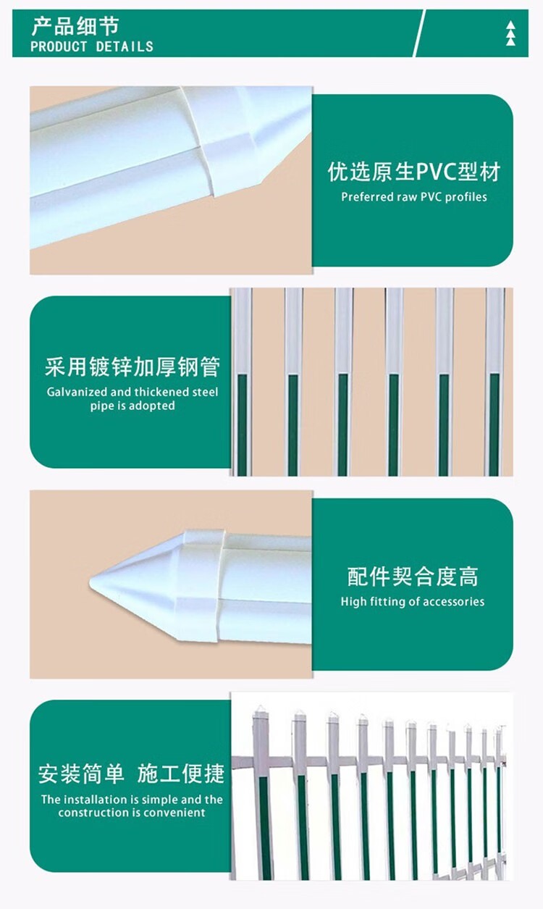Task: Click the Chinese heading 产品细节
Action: click(x=75, y=26)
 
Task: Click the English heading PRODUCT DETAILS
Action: click(x=92, y=46)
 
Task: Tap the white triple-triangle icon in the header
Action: click(x=510, y=34)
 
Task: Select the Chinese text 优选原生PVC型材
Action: click(x=414, y=172)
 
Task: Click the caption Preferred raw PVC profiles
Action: click(x=414, y=197)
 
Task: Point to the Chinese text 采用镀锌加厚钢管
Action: click(x=132, y=366)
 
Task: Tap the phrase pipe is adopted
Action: click(x=132, y=406)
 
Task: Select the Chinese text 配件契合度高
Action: click(x=413, y=577)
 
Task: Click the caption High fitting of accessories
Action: click(x=413, y=601)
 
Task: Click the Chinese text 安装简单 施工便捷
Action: click(x=131, y=774)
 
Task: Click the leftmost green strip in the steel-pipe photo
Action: click(x=242, y=424)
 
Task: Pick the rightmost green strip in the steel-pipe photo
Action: click(x=494, y=424)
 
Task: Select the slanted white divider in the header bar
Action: click(x=419, y=33)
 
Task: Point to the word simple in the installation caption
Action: click(x=160, y=800)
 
